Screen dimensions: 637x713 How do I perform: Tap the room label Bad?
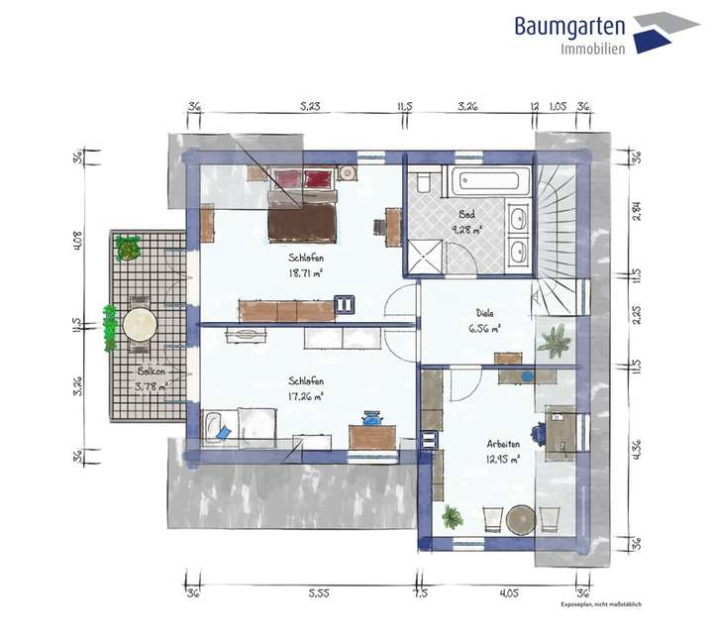(x=467, y=215)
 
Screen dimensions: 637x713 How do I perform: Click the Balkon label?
(x=152, y=373)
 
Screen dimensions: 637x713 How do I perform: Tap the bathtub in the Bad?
(x=492, y=182)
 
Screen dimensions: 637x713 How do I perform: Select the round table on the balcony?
(x=139, y=324)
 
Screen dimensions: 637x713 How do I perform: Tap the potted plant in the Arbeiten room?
(x=452, y=518)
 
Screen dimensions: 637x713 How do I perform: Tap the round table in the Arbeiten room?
(x=521, y=518)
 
